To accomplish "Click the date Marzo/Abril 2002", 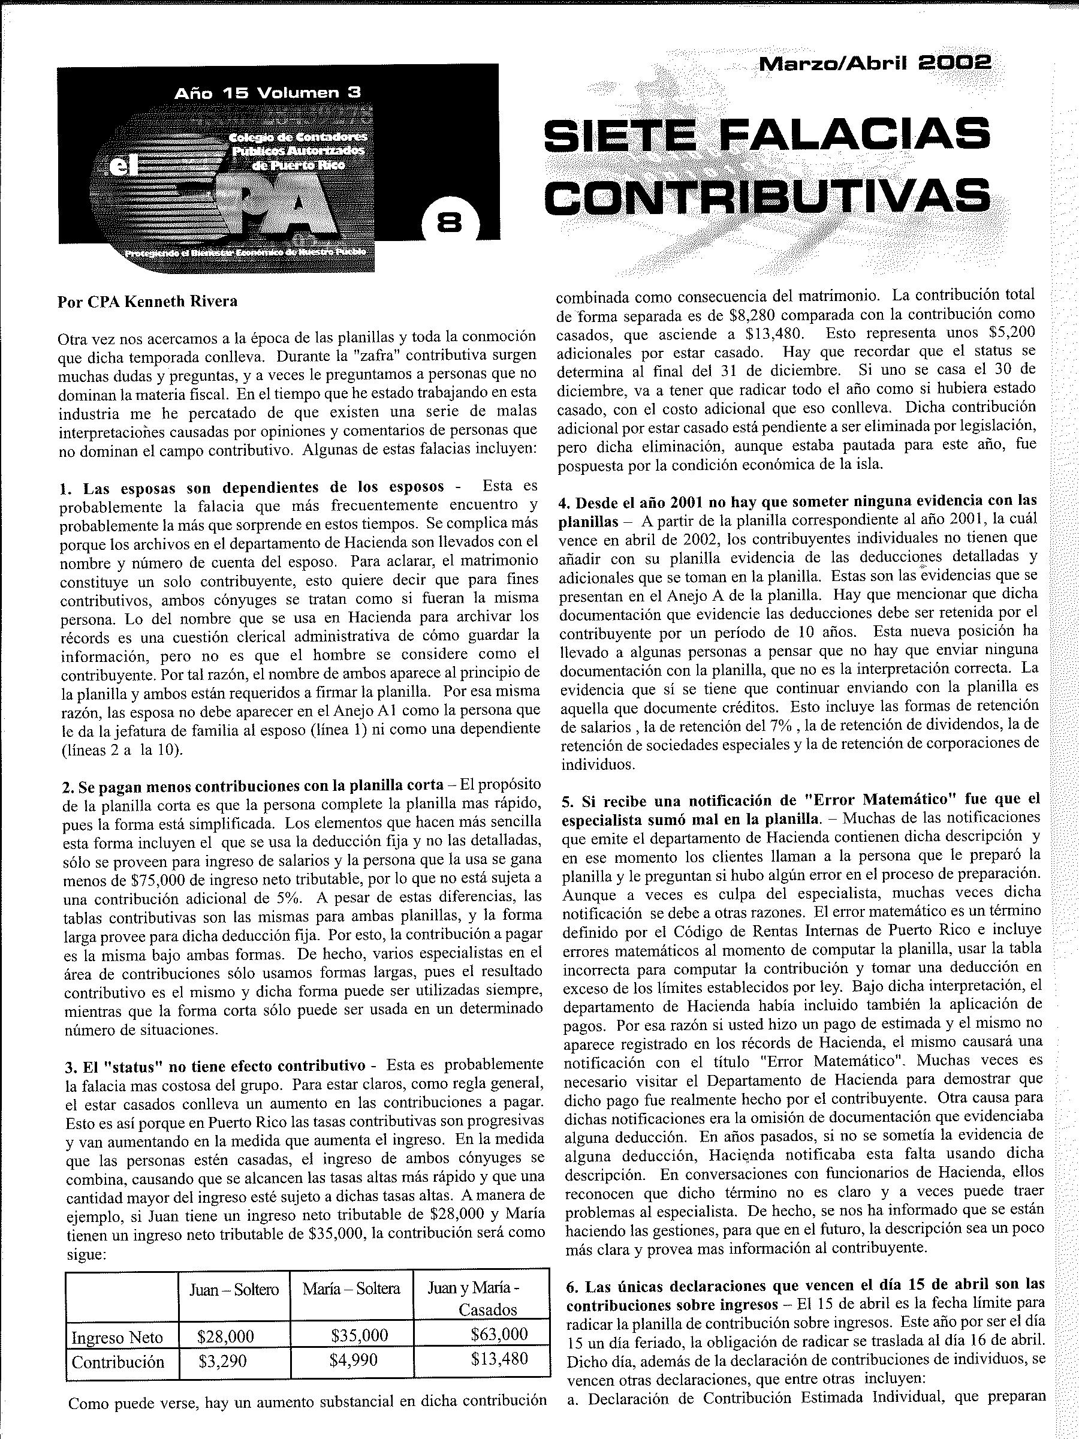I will [x=875, y=63].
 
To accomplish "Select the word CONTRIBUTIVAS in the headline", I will [x=767, y=194].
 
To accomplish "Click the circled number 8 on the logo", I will [x=450, y=222].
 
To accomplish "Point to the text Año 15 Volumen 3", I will [x=267, y=93].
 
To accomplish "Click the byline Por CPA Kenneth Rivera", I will [x=147, y=302].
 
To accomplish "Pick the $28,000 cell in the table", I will [x=225, y=1336].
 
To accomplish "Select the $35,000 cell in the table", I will [x=359, y=1335].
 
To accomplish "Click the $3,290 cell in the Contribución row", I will [x=222, y=1361].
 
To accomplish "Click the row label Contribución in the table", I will [x=117, y=1362].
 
